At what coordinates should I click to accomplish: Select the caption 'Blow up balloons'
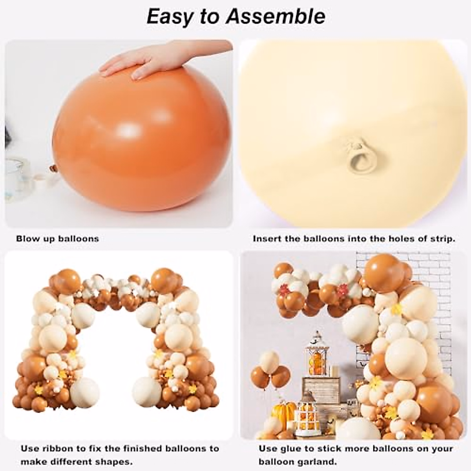tap(57, 239)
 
